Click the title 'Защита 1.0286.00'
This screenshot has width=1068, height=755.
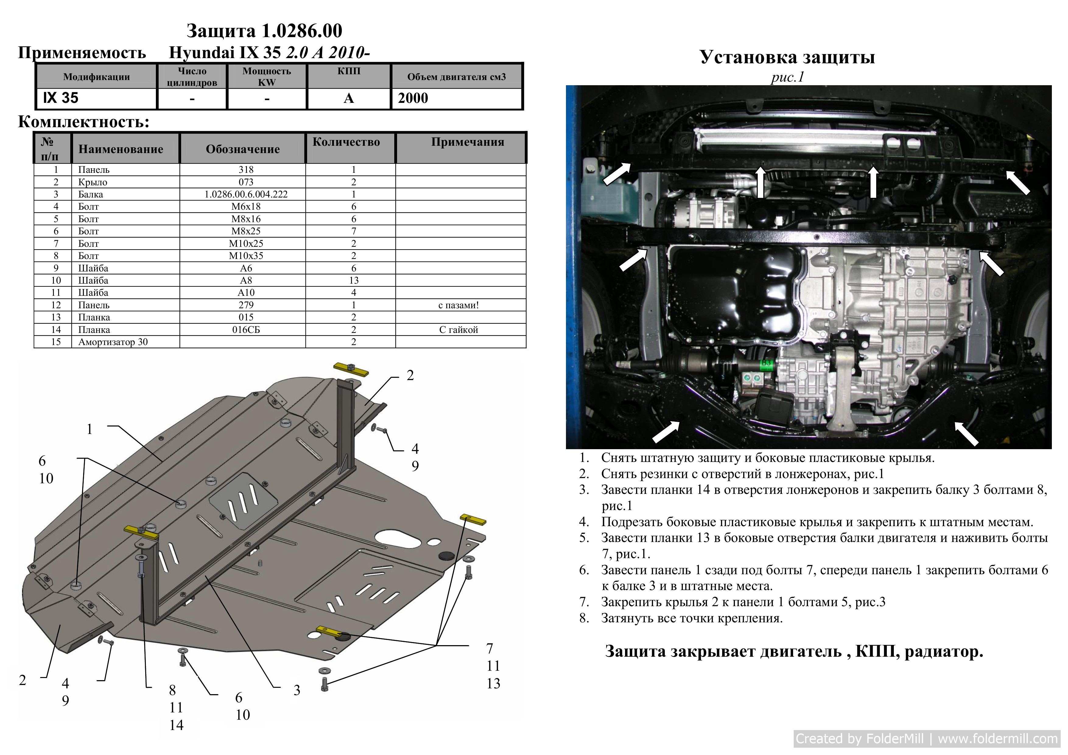264,31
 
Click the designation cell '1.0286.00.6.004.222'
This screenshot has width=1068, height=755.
246,194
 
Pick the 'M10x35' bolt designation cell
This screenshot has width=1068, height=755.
246,256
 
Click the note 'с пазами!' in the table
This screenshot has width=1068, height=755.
458,305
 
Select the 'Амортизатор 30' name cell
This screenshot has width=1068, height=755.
113,342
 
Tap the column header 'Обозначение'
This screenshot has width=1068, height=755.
243,149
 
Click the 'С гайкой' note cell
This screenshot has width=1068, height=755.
458,330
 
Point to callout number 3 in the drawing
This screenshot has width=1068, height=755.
297,690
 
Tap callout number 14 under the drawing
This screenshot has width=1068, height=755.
176,725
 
